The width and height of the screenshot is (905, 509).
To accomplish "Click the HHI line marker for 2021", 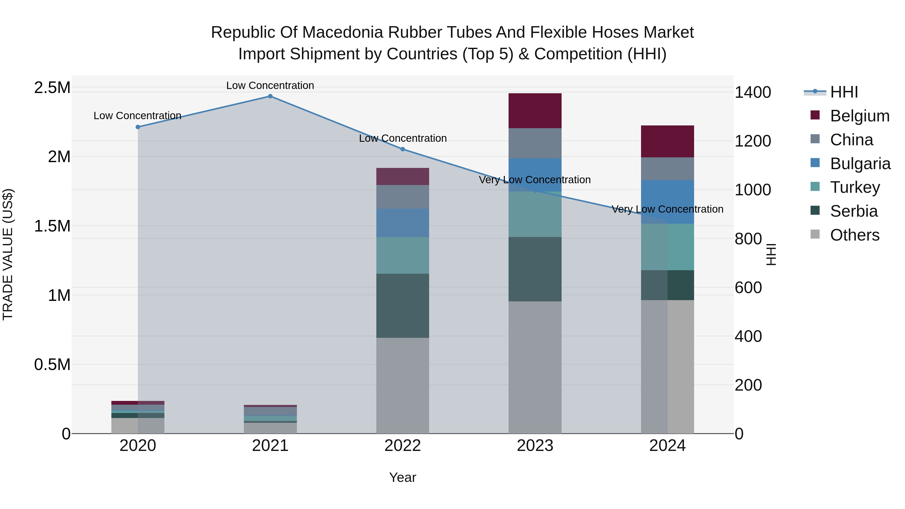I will tap(270, 96).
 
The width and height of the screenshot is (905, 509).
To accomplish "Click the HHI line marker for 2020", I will tap(138, 127).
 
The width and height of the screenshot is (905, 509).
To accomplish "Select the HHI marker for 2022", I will tap(403, 149).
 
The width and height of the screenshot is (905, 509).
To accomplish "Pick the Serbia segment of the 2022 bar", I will tap(403, 306).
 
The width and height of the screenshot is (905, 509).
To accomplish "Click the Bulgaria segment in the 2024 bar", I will tap(667, 202).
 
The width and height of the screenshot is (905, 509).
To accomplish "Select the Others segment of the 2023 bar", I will tap(535, 367).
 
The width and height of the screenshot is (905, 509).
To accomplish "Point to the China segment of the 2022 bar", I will tap(403, 197).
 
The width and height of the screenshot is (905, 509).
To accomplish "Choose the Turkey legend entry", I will tap(855, 187).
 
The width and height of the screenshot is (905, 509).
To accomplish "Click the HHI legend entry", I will tap(844, 92).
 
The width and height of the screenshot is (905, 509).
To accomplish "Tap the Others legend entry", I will tap(854, 235).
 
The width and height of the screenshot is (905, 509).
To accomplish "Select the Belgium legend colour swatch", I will tap(815, 115).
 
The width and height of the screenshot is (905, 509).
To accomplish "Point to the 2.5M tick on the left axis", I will tap(52, 87).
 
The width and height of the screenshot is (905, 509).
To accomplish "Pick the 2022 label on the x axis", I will tap(403, 446).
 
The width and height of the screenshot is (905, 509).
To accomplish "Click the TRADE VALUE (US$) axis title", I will tap(8, 254).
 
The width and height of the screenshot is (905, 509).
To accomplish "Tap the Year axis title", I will tap(403, 477).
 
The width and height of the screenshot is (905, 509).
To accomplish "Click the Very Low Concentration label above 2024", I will tap(667, 209).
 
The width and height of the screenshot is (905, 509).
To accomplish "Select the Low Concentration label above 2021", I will tap(270, 85).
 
